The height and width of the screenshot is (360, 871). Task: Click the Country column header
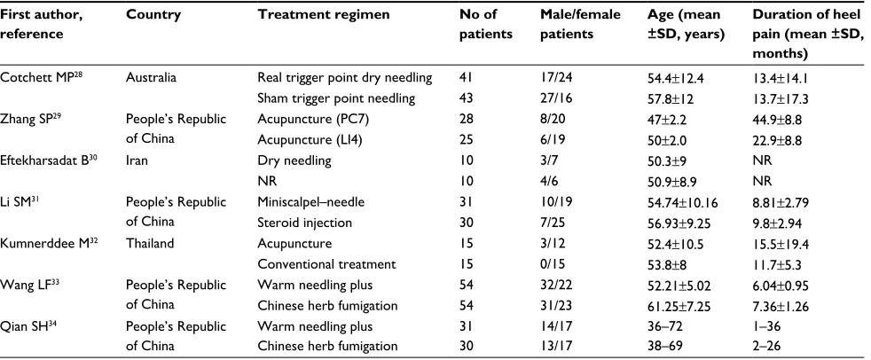coord(153,15)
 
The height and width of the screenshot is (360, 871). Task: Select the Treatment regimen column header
coord(323,16)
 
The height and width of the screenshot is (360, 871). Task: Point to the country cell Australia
coord(151,78)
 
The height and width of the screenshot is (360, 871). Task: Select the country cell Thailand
coord(150,243)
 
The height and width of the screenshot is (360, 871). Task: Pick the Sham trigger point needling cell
coord(336,99)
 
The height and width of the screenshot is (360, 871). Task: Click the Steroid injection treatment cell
coord(304,223)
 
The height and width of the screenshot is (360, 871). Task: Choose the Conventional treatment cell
coord(326,264)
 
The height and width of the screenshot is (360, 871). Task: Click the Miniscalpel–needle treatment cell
coord(310,202)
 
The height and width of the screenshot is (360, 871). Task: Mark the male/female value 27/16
coord(556,99)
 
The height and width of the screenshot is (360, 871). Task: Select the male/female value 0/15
coord(553,264)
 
